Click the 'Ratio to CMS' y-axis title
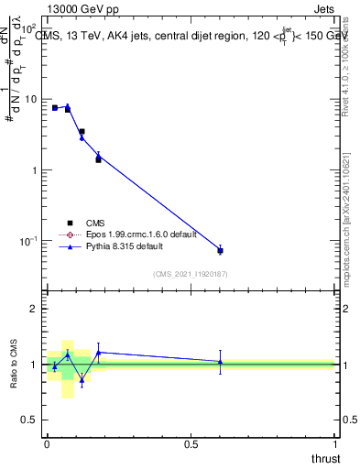(x=13, y=364)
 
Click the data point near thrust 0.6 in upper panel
(x=220, y=250)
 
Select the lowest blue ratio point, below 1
(x=82, y=379)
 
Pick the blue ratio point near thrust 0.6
(x=220, y=362)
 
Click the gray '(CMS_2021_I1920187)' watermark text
(x=191, y=274)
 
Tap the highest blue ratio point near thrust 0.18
(x=98, y=352)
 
